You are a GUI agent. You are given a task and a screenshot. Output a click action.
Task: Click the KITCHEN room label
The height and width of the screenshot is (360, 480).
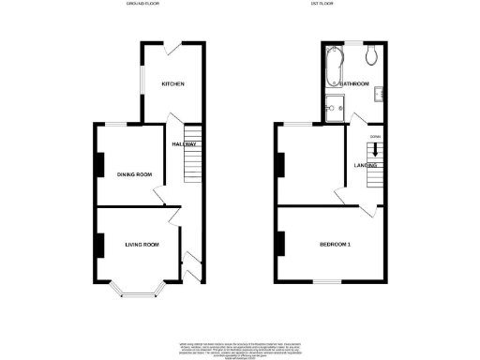pos(172,84)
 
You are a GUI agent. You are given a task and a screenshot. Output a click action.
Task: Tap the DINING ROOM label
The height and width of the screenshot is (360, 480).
pos(134,174)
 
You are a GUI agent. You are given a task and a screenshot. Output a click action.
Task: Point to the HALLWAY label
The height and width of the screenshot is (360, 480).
pos(184,143)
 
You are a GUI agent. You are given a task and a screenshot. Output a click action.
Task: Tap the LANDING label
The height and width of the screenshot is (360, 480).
pos(365,165)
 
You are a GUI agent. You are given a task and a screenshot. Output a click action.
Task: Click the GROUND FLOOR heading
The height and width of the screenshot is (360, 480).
pos(143,5)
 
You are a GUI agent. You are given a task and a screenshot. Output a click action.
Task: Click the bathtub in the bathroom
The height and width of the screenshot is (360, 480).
pos(335,66)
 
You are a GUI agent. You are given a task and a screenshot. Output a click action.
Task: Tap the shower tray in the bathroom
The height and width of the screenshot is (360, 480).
pos(335,108)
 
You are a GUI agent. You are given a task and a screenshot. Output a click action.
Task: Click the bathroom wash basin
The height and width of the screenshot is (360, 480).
pos(379,92)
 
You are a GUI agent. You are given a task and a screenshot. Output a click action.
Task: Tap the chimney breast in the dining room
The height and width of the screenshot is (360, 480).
pos(97,164)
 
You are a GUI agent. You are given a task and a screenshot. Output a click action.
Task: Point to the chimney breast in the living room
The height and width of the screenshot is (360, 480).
pos(97,246)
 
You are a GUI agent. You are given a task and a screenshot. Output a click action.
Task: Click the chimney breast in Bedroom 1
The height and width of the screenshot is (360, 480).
pos(280,245)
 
